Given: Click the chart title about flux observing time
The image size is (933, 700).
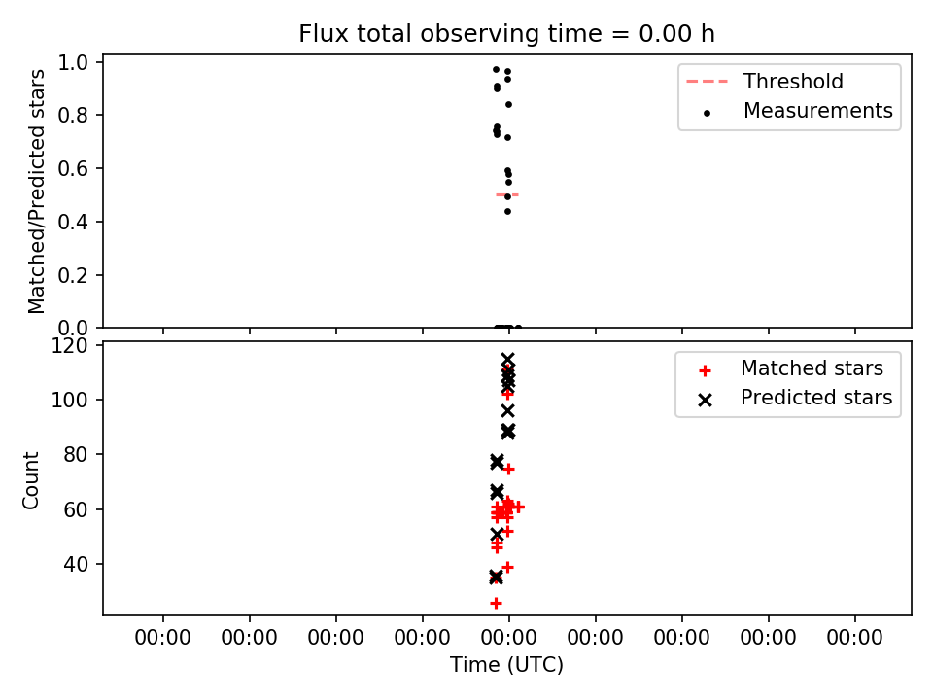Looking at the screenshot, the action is [x=506, y=34].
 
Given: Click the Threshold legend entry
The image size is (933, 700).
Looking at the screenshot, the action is [x=765, y=81].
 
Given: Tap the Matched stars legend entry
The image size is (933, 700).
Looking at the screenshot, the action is [x=791, y=368].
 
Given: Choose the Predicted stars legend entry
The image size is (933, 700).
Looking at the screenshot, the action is [x=795, y=398].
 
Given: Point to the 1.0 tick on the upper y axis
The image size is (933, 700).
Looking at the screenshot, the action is [x=72, y=62].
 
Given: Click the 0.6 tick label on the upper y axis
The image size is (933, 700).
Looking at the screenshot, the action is [x=72, y=168].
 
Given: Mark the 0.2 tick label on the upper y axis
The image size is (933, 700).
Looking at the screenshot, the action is [x=72, y=275].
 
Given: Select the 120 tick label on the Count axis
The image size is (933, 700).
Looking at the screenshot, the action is [x=69, y=346].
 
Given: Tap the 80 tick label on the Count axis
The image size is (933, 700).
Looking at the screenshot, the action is [x=75, y=455].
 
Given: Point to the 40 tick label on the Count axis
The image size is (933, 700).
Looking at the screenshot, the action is [x=75, y=564].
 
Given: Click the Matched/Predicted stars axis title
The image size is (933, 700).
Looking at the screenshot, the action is [x=36, y=192].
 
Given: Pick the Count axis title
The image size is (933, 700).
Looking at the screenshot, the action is [x=30, y=480].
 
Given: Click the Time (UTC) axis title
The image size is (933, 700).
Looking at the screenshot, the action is [x=506, y=664].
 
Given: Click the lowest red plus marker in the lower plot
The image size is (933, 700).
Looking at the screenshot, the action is [x=496, y=604].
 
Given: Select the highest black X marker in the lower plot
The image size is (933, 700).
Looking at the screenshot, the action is [x=507, y=360].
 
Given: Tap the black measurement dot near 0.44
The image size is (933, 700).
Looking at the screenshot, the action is [x=507, y=211].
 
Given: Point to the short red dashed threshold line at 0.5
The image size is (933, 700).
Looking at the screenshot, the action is [x=507, y=194].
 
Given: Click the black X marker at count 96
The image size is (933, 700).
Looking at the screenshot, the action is [x=507, y=410].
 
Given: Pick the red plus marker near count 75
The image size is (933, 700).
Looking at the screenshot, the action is [x=508, y=469].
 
